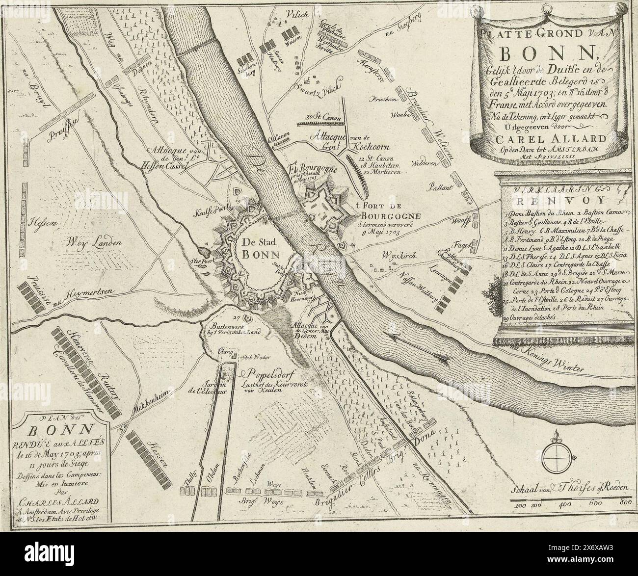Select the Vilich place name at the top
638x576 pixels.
click(x=296, y=15)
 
